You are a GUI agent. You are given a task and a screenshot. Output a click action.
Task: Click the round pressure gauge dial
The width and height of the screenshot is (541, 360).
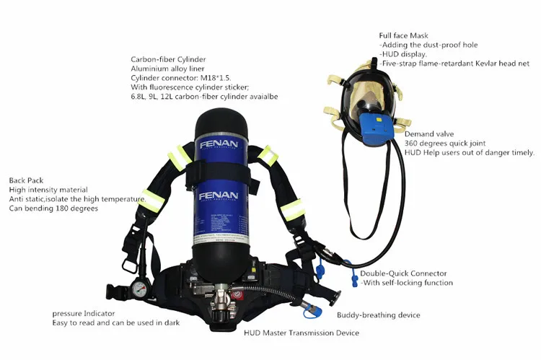[139, 289]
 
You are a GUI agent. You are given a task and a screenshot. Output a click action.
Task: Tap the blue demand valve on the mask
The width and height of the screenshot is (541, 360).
[375, 129]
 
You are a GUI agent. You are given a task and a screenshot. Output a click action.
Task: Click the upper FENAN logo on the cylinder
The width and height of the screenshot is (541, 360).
[219, 144]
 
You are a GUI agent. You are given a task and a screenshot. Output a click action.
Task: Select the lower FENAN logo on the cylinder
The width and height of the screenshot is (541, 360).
[219, 196]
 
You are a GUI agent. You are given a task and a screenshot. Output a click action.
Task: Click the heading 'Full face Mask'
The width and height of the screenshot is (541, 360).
[403, 35]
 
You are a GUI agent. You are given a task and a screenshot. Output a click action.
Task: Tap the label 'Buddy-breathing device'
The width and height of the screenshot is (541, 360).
[379, 315]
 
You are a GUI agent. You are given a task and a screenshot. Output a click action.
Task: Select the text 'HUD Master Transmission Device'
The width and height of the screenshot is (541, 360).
[302, 333]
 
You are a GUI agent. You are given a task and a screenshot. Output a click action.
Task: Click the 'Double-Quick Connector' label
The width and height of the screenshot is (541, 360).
[403, 273]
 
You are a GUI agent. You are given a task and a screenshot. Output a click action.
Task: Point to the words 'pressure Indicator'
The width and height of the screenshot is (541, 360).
[84, 313]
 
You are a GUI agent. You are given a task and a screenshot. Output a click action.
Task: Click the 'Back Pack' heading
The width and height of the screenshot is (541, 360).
[26, 180]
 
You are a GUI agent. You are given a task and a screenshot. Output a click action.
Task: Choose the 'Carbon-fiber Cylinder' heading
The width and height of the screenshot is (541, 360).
[168, 59]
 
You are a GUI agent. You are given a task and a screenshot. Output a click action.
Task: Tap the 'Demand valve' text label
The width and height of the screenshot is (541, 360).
[429, 134]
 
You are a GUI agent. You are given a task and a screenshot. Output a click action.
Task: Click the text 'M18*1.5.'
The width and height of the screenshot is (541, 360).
[216, 78]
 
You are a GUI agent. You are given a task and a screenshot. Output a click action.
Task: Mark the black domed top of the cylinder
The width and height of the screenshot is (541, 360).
[221, 123]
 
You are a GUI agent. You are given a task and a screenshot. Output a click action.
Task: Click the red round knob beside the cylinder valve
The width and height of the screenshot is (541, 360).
[237, 296]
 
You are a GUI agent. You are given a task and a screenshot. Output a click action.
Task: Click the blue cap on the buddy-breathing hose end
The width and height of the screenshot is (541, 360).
[312, 312]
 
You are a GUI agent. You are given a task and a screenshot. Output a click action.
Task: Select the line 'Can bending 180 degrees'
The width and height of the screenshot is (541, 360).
[53, 208]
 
